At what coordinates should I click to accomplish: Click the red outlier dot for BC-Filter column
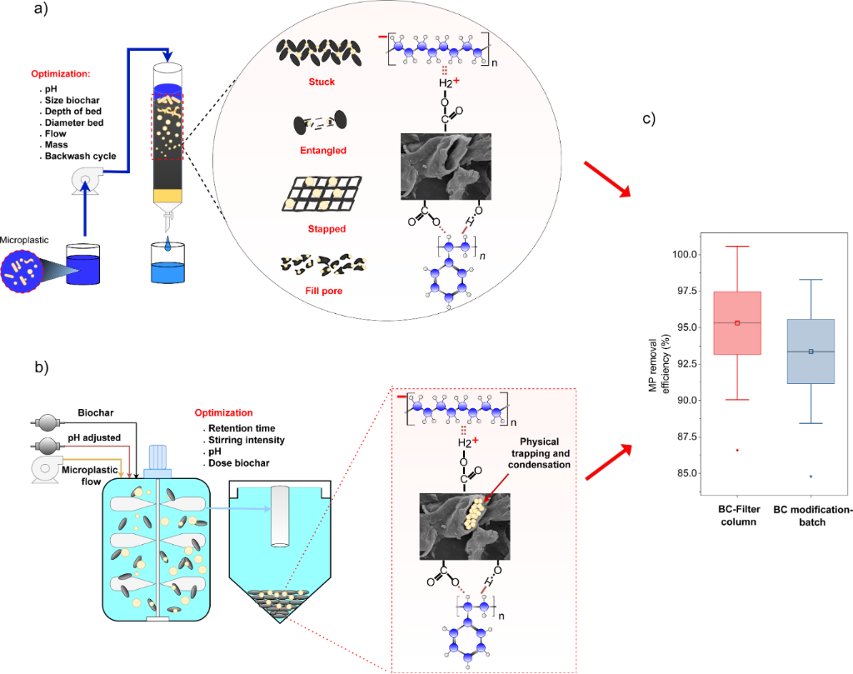tap(737, 450)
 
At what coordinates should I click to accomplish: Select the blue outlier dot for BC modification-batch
tap(811, 477)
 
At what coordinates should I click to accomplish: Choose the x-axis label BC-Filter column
tap(737, 515)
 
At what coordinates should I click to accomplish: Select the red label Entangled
tap(321, 151)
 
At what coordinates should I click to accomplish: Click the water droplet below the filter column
tap(169, 247)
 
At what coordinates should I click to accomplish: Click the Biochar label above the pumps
tap(97, 412)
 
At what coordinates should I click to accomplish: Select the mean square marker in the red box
tap(737, 322)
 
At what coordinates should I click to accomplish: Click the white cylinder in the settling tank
tap(280, 517)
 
